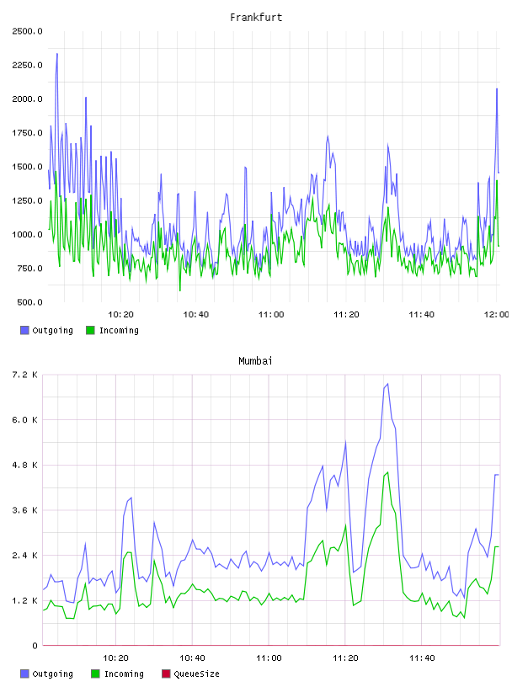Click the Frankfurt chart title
pyautogui.click(x=256, y=18)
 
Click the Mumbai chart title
pyautogui.click(x=255, y=361)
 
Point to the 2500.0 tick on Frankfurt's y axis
pyautogui.click(x=28, y=31)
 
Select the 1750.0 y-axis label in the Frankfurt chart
pyautogui.click(x=28, y=133)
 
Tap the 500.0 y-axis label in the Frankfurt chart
pyautogui.click(x=29, y=302)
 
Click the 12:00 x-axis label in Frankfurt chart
pyautogui.click(x=496, y=315)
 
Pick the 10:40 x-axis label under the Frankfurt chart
pyautogui.click(x=196, y=315)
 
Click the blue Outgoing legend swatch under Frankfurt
pyautogui.click(x=24, y=330)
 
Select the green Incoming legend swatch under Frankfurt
pyautogui.click(x=90, y=330)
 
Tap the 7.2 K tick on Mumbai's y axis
pyautogui.click(x=25, y=375)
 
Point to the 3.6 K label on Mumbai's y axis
pyautogui.click(x=25, y=510)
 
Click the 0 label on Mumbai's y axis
pyautogui.click(x=35, y=646)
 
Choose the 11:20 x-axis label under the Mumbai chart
pyautogui.click(x=345, y=658)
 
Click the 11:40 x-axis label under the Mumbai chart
pyautogui.click(x=422, y=658)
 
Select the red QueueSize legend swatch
pyautogui.click(x=166, y=674)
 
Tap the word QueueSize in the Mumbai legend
pyautogui.click(x=197, y=674)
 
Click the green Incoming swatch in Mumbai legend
pyautogui.click(x=95, y=674)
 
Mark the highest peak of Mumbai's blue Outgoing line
pyautogui.click(x=387, y=384)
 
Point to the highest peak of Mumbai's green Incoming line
pyautogui.click(x=388, y=472)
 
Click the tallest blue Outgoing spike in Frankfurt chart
pyautogui.click(x=57, y=54)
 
